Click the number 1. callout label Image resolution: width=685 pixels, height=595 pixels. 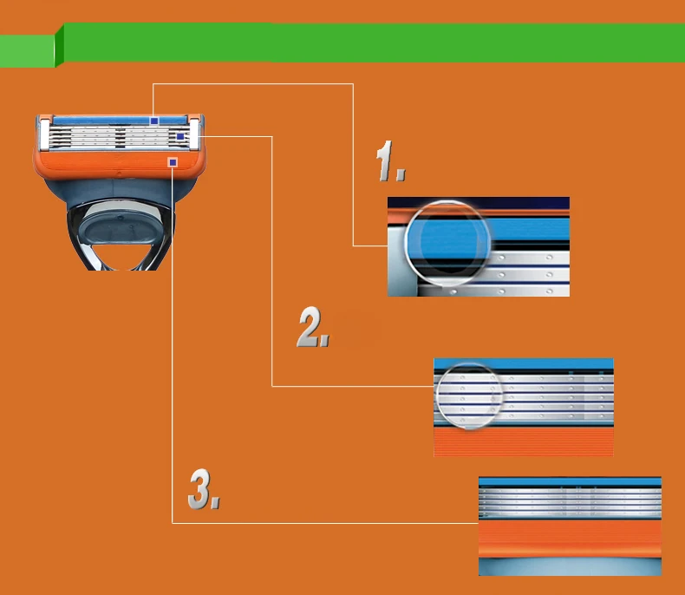pyautogui.click(x=391, y=163)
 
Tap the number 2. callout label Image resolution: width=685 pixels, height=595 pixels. pyautogui.click(x=313, y=328)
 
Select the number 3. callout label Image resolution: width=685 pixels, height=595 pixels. pyautogui.click(x=204, y=490)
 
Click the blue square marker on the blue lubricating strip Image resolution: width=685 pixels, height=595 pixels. pyautogui.click(x=153, y=121)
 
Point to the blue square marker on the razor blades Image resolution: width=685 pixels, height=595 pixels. pyautogui.click(x=180, y=137)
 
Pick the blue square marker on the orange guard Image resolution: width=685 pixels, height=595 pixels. pyautogui.click(x=173, y=162)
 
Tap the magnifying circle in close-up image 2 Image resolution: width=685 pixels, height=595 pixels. pyautogui.click(x=469, y=396)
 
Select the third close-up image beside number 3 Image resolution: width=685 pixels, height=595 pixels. pyautogui.click(x=570, y=526)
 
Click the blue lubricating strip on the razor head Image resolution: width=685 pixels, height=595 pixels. pyautogui.click(x=104, y=121)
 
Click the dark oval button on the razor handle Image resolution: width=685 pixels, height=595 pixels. pyautogui.click(x=121, y=233)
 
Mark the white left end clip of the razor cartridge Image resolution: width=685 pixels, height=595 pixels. pyautogui.click(x=44, y=134)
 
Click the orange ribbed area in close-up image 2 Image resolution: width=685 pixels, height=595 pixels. pyautogui.click(x=523, y=444)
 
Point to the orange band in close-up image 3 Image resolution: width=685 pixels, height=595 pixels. pyautogui.click(x=570, y=539)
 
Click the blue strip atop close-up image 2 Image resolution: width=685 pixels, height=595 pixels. pyautogui.click(x=523, y=364)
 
